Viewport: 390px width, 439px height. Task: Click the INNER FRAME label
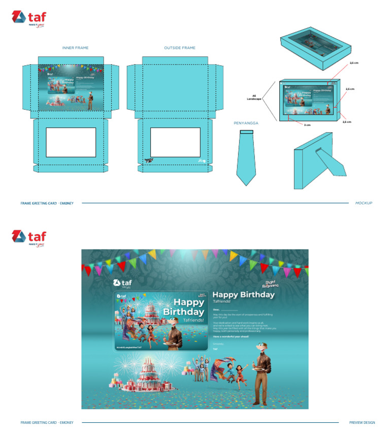coord(75,48)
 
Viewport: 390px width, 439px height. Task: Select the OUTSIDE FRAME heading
coord(179,48)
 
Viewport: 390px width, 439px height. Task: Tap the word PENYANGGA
coord(246,123)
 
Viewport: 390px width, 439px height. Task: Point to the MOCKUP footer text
coord(364,203)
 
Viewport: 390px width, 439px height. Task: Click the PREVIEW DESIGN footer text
coord(362,422)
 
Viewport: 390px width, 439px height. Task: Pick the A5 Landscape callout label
coord(254,97)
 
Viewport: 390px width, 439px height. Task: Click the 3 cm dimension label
coord(307,124)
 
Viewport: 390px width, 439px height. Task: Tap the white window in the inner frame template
coord(71,142)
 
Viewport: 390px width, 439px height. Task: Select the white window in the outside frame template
coord(175,142)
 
